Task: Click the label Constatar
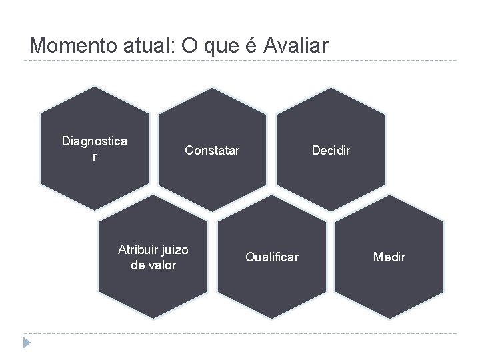tap(212, 150)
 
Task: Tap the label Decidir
tap(331, 150)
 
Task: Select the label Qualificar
tap(272, 257)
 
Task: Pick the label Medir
tap(389, 257)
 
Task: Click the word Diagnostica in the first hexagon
tap(95, 141)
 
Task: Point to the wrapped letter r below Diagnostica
tap(95, 157)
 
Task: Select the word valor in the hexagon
tap(163, 265)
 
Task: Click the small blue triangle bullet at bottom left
tap(27, 343)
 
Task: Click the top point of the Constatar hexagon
tap(212, 88)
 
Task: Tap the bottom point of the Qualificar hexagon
tap(272, 318)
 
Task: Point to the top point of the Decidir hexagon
tap(331, 88)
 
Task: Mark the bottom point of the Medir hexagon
tap(389, 318)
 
